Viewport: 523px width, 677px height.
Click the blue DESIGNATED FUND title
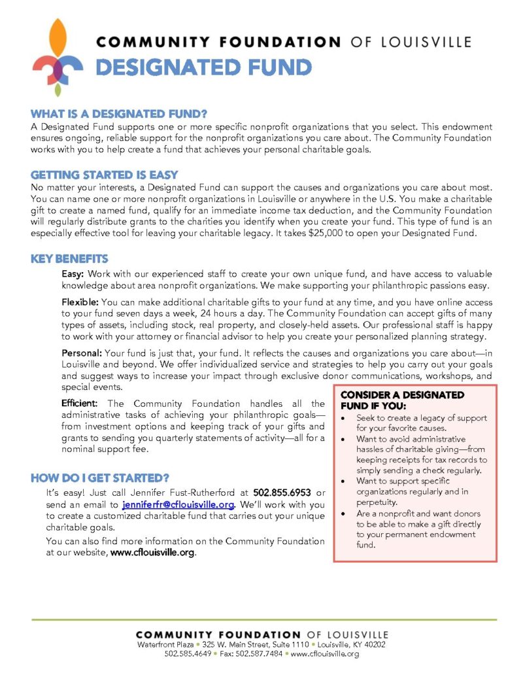(x=203, y=67)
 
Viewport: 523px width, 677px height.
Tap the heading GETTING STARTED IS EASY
(x=104, y=175)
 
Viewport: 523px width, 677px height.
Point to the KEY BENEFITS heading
(x=69, y=259)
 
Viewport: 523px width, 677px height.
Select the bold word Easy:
(x=73, y=273)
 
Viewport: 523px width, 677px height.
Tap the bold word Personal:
(x=81, y=353)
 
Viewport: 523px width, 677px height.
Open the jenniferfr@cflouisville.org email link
(x=178, y=505)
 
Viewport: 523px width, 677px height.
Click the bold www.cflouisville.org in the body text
(x=152, y=553)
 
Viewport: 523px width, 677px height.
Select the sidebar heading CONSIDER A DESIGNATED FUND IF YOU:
(x=403, y=400)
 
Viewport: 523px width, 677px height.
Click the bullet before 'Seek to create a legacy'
(x=345, y=418)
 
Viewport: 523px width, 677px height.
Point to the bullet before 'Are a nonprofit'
(x=345, y=514)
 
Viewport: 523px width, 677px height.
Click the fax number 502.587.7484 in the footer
(x=261, y=653)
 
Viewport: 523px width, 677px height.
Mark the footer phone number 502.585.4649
(x=187, y=653)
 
